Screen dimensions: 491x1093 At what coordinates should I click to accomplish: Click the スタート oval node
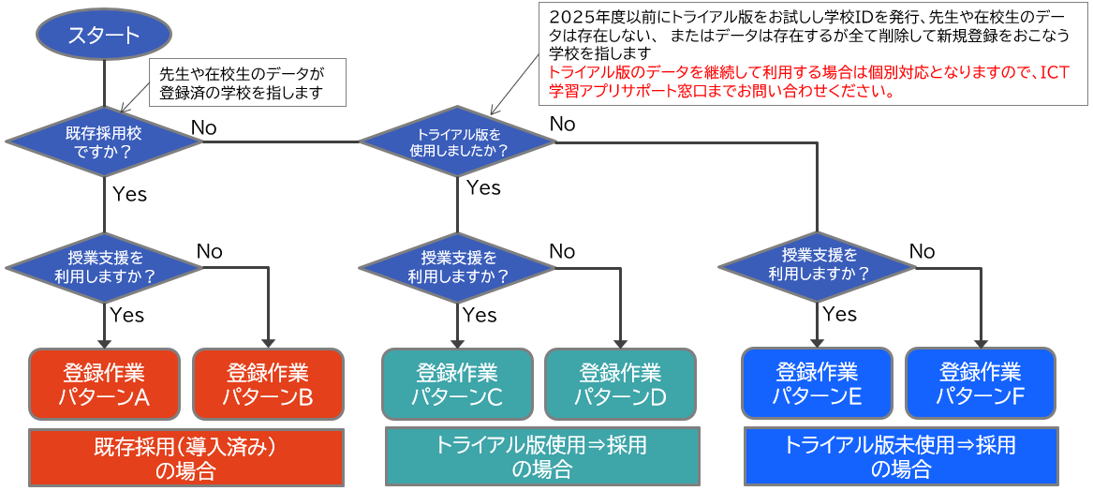tap(103, 36)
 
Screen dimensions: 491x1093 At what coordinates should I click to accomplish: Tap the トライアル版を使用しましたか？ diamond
tap(457, 141)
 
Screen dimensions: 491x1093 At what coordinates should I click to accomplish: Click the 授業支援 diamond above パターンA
tap(104, 266)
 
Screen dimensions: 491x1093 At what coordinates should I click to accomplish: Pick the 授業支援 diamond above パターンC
tap(457, 266)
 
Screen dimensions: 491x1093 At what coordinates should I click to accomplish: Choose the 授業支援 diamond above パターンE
tap(818, 265)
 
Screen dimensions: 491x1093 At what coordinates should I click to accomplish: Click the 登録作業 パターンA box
tap(104, 383)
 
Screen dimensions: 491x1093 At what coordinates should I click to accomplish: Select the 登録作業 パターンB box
tap(268, 383)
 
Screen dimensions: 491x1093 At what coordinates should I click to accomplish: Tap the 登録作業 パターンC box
tap(457, 383)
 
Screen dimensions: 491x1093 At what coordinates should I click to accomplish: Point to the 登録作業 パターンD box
tap(620, 383)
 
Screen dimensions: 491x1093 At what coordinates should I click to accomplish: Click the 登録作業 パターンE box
tap(817, 383)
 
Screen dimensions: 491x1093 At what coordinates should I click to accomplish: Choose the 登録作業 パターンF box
tap(980, 383)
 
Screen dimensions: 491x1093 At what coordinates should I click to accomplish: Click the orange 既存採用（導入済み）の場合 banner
tap(186, 457)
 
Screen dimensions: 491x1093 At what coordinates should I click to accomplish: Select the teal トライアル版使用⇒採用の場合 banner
tap(542, 456)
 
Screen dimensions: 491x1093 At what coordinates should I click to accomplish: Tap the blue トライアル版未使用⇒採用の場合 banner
tap(901, 456)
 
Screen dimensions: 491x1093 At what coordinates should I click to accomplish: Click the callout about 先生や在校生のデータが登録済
tap(247, 82)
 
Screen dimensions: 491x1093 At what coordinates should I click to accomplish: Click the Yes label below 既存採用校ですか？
tap(129, 195)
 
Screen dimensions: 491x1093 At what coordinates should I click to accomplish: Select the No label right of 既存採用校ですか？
tap(203, 127)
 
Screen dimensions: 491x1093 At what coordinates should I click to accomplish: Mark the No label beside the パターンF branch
tap(922, 251)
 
